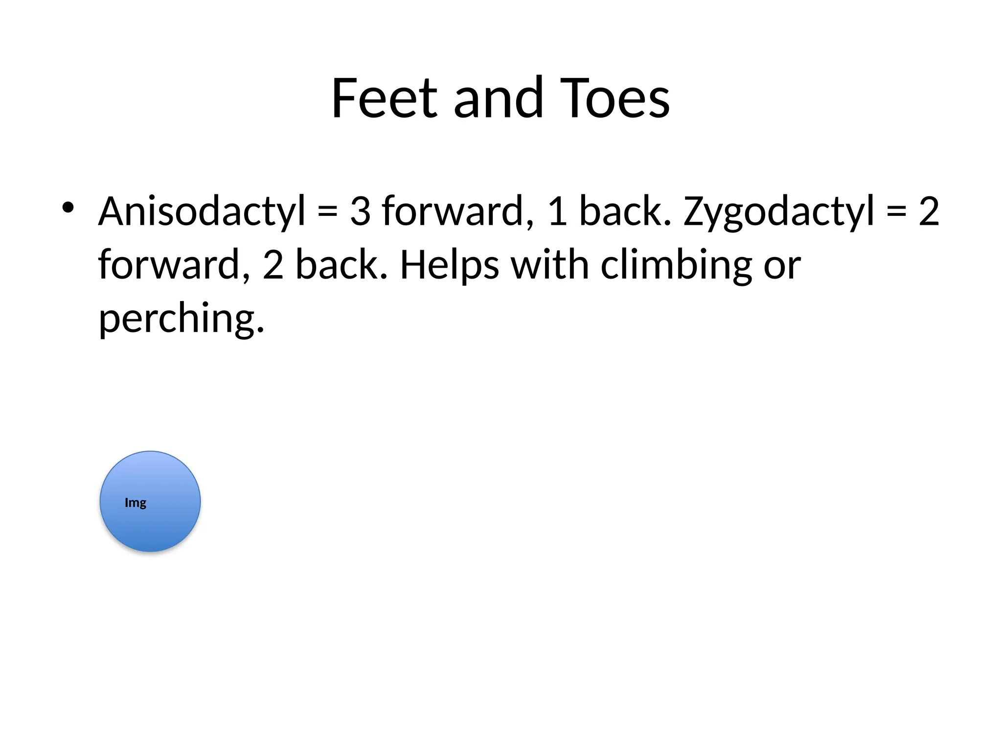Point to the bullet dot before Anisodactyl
(68, 208)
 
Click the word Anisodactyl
(202, 211)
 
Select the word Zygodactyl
(778, 211)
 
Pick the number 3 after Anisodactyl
(360, 211)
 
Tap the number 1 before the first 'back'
(557, 211)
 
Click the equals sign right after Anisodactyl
(327, 211)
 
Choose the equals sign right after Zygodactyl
(896, 211)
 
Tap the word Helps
(450, 265)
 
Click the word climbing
(676, 265)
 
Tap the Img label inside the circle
(136, 503)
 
